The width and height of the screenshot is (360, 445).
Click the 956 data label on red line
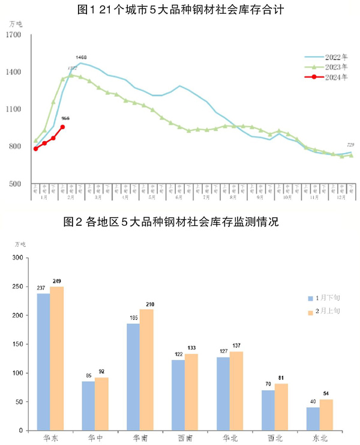tap(66, 119)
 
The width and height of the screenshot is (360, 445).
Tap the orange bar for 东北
tap(326, 415)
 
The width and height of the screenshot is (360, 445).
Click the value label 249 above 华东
tap(58, 281)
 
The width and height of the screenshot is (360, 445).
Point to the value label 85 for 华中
tap(88, 376)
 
